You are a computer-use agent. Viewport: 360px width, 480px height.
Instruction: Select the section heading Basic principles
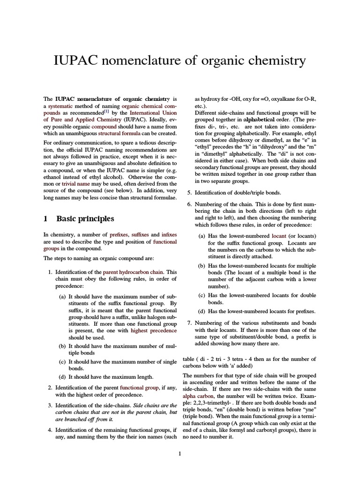coord(85,218)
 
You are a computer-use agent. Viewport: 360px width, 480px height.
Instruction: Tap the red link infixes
coord(169,234)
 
